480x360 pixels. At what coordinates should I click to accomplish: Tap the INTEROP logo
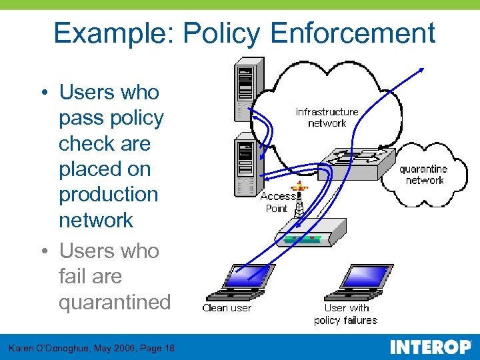click(x=430, y=347)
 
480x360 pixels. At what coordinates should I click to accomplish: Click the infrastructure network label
click(x=327, y=117)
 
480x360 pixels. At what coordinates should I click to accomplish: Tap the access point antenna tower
click(x=299, y=200)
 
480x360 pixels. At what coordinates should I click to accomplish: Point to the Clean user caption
click(x=227, y=308)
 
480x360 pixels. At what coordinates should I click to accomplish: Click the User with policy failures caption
click(x=346, y=314)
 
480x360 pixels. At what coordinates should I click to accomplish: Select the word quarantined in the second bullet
click(x=115, y=302)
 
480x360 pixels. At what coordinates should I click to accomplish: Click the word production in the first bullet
click(x=109, y=194)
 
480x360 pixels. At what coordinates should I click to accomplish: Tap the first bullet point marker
click(x=43, y=93)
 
